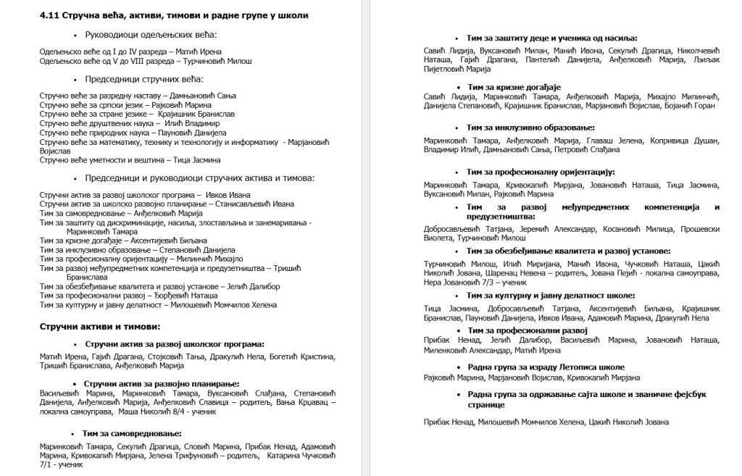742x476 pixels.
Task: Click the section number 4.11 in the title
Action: coord(49,15)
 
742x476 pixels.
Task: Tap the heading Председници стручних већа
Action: coord(144,78)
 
